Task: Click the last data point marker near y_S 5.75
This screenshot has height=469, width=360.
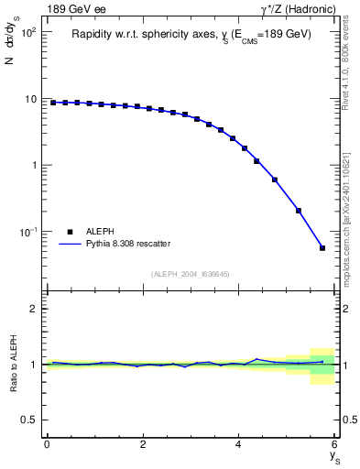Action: (x=322, y=247)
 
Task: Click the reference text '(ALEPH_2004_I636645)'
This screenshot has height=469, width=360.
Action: (x=190, y=273)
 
